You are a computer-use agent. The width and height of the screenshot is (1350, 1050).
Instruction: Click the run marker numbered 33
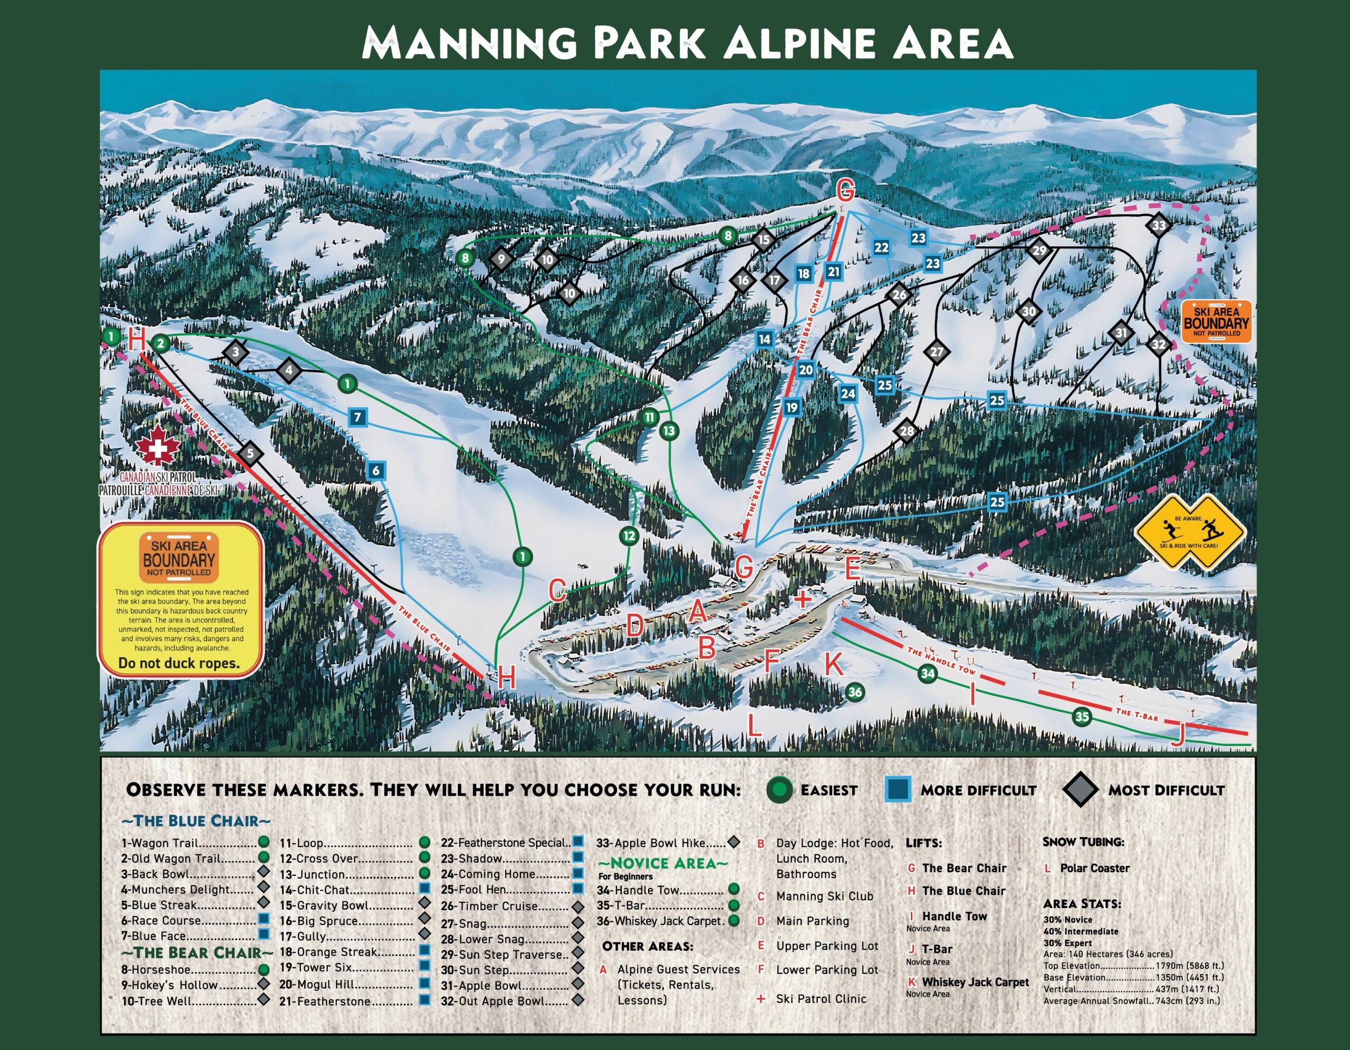[1158, 225]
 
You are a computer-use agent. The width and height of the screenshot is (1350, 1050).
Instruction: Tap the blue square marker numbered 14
[765, 339]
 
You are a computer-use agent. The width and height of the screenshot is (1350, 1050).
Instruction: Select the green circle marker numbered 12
[629, 536]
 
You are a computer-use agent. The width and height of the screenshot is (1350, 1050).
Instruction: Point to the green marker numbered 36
[854, 692]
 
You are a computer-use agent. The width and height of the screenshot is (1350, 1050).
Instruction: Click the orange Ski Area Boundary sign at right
[1207, 321]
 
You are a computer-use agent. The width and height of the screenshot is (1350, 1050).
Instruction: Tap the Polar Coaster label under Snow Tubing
[1094, 868]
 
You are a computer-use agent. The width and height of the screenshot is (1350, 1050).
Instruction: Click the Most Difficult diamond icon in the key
[1081, 790]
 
